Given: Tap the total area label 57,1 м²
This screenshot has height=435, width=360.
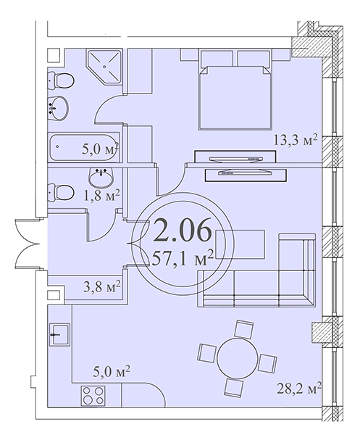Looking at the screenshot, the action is pos(183,259).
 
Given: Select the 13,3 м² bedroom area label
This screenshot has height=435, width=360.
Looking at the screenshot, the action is pos(295,140).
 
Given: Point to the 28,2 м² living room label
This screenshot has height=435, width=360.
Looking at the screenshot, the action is pos(299,389).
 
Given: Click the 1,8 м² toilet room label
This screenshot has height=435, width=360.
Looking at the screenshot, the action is pos(101,196).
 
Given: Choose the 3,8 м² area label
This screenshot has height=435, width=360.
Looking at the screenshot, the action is pos(102,286).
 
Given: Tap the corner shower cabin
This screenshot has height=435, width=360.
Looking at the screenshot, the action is pos(104,67).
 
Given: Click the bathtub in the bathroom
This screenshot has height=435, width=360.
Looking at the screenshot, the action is pos(84,147).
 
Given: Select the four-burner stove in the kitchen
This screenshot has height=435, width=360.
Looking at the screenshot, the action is pos(93,396).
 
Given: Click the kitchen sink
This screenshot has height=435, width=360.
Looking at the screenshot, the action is pos(59,334).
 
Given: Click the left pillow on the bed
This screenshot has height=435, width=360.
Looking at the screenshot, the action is pos(217,58).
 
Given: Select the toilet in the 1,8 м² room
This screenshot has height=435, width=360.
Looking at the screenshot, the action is pos(61,192).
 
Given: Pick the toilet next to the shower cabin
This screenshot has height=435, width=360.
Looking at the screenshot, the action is pos(61,80).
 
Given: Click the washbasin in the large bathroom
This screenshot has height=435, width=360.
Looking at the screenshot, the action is pos(58,108).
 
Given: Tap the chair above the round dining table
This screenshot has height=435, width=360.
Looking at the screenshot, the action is pos(243,329).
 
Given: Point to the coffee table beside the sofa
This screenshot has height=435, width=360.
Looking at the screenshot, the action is pos(240,244).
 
